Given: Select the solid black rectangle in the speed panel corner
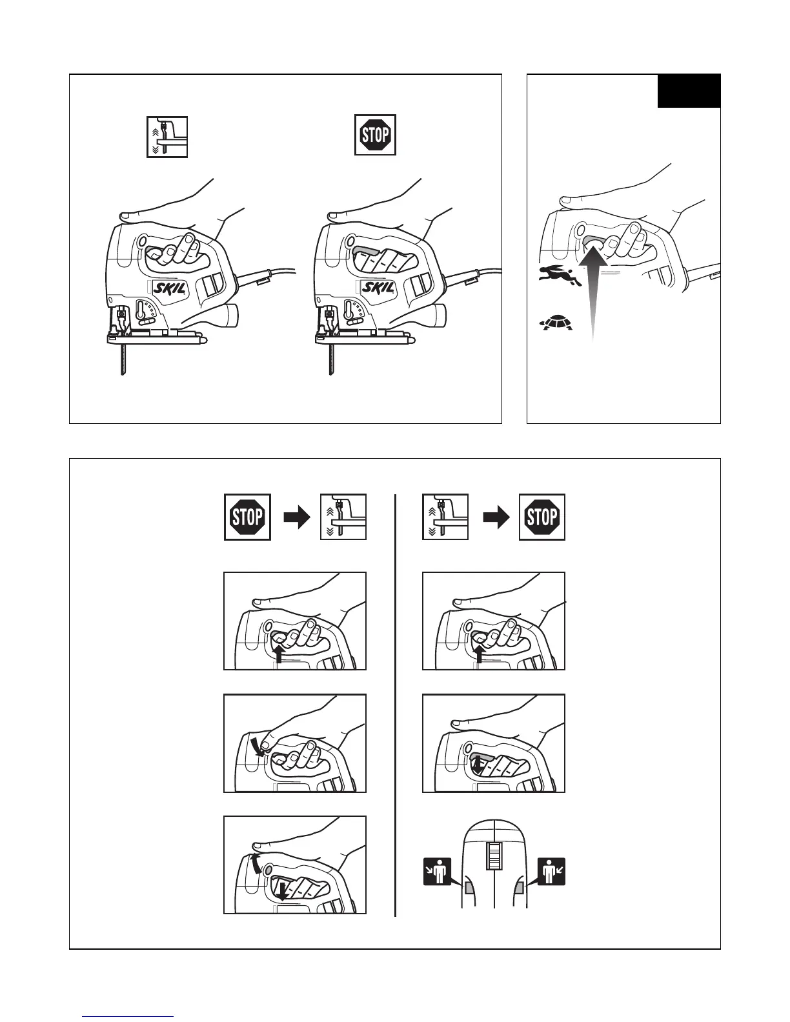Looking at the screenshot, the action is [689, 91].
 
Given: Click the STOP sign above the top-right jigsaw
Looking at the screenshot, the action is [375, 135].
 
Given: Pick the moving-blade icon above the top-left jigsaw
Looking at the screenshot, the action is [167, 137].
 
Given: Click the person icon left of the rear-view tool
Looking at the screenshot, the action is [438, 872].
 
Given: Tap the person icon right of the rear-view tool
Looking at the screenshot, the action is [551, 872].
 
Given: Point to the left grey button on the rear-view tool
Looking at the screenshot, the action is [469, 889].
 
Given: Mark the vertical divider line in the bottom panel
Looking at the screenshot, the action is [395, 703].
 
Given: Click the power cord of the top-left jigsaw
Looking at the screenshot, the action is [265, 276].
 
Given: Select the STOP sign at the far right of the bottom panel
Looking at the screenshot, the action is [542, 517].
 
